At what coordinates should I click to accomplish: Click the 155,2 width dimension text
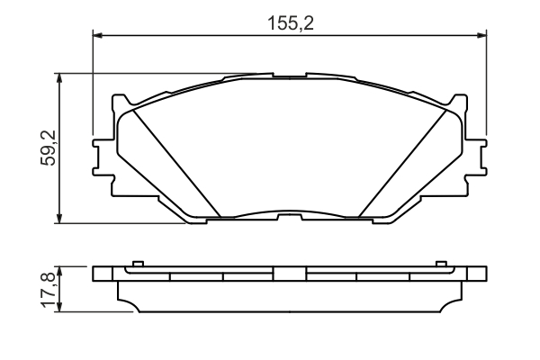pos(289,24)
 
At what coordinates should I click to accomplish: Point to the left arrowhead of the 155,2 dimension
pos(99,36)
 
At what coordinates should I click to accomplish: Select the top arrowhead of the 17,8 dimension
pos(59,269)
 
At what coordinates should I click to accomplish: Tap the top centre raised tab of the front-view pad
pos(290,76)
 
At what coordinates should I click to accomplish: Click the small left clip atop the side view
pos(138,264)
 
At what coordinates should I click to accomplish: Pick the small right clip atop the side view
pos(441,264)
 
